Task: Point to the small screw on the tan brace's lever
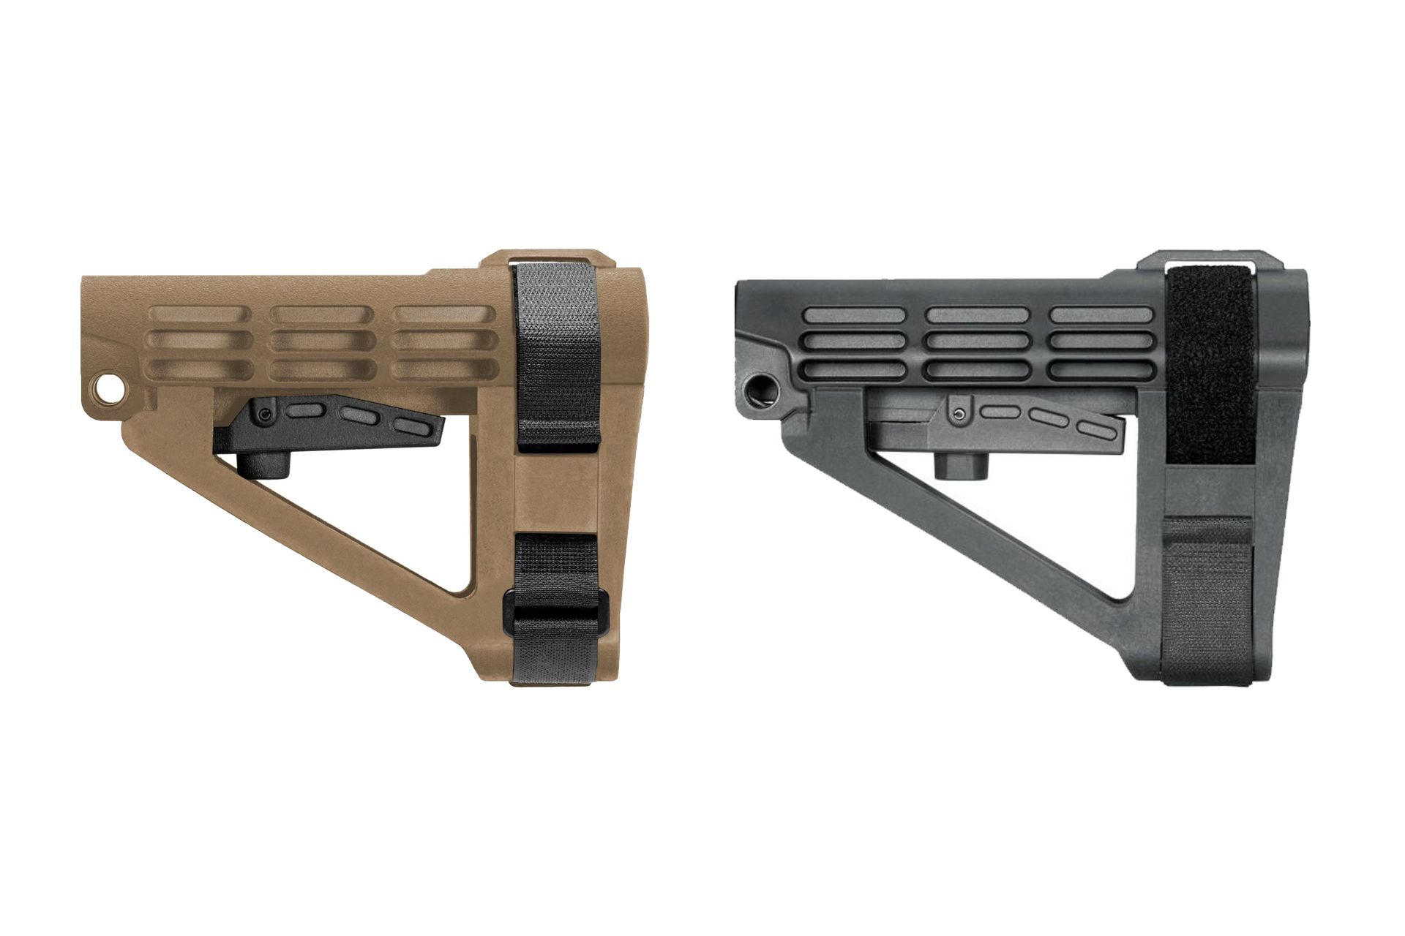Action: coord(263,415)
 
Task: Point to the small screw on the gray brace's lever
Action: coord(959,415)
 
